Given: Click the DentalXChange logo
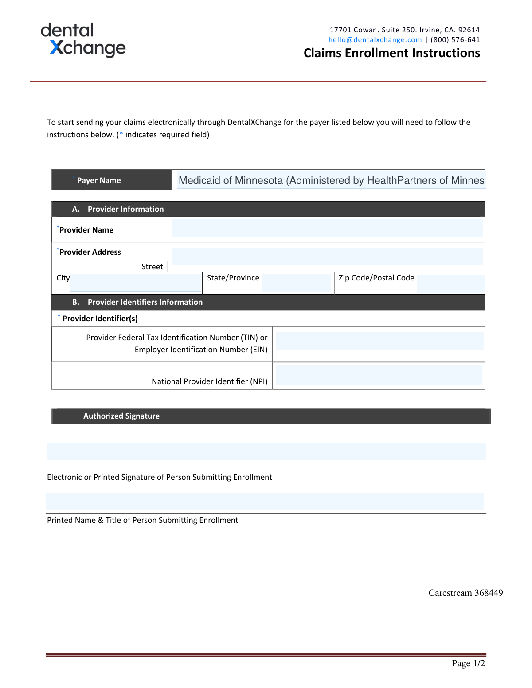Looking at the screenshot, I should coord(83,40).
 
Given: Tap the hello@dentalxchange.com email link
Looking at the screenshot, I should coord(375,40).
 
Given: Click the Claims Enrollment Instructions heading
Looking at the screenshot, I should coord(391,53).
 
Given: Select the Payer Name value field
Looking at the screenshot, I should coord(330,180).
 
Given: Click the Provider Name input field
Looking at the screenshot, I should coord(327,228).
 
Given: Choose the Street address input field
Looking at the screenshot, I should coord(327,257).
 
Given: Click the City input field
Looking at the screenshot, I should coord(135,283).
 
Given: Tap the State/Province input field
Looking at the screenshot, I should coord(296,283).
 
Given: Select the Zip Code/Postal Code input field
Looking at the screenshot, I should coord(450,284).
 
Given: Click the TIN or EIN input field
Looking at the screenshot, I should coord(379,341).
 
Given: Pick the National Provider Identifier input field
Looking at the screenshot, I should coord(379,375).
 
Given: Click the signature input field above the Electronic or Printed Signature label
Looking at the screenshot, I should coord(266,451).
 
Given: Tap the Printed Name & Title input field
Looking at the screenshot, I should coord(265,501).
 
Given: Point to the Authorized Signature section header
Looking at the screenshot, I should coord(121,416).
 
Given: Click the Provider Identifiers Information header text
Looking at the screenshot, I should coord(145,302).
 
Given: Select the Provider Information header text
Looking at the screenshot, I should coord(125,209).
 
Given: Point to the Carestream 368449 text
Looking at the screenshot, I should coord(465,593).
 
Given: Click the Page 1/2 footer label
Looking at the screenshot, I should coord(468,663).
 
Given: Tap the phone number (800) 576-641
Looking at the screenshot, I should coord(455,40).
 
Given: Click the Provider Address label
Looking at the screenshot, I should coord(90,252).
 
